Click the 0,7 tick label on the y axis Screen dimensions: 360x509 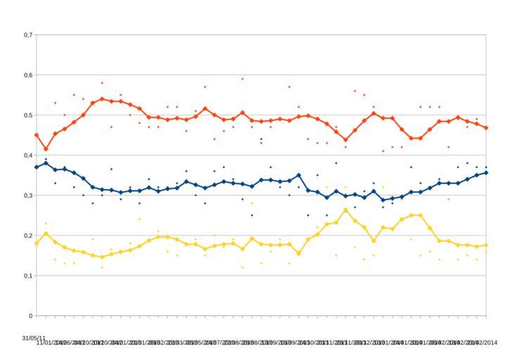tap(27, 34)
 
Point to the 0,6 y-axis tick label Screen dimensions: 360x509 tap(27, 75)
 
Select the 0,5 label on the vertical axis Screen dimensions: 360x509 tap(27, 115)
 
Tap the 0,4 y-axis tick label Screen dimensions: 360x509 tap(27, 155)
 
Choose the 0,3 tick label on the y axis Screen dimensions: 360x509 tap(27, 195)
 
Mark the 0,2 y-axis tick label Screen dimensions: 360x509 tap(27, 236)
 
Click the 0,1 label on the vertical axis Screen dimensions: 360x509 tap(27, 276)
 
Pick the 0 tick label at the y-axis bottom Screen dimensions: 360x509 tap(30, 316)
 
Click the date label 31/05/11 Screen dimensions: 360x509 tap(34, 338)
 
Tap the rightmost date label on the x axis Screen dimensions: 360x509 tap(485, 342)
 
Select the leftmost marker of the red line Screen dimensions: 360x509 tap(37, 135)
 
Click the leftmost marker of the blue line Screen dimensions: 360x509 tap(37, 167)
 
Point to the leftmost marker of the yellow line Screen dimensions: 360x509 tap(37, 243)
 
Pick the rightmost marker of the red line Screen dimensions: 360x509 tap(486, 128)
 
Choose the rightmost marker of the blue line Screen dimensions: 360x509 tap(486, 172)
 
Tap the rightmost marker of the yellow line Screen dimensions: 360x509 tap(486, 245)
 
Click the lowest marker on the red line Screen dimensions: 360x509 tap(46, 149)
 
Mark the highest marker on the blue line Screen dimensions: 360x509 tap(46, 162)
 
